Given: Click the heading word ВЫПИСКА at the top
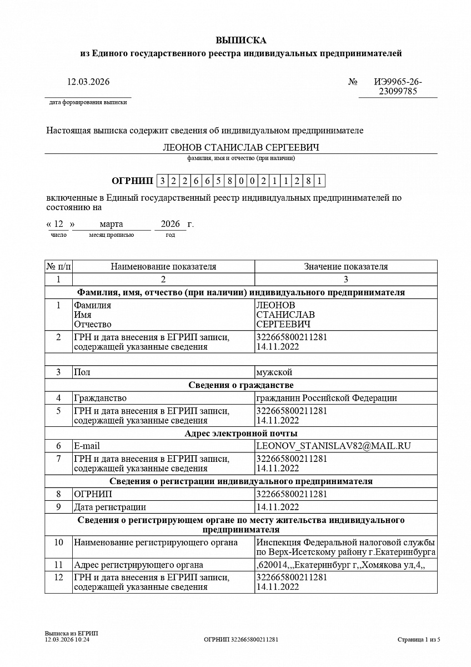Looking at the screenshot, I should pos(241,40).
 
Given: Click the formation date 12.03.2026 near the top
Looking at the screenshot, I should pos(88,82).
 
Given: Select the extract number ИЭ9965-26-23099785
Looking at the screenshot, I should pos(398,87).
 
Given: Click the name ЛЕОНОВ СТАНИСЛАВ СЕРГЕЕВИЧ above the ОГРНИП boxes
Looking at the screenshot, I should pos(241,147).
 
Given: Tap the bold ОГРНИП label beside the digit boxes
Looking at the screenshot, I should pos(132,181).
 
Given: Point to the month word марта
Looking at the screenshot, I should pos(111,224).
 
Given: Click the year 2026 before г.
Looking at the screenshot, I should pos(170,224).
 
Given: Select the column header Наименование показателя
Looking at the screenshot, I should pos(163,266).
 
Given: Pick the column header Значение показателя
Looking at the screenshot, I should pos(345,266).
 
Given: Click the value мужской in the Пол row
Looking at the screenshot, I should pos(274,372).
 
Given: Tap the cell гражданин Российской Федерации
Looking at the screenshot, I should pos(327,398).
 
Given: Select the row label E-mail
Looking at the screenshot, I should pos(87,446).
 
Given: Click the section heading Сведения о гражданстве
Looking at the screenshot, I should pos(241,385).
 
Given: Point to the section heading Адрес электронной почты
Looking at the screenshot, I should pos(241,433).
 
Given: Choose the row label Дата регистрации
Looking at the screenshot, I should pos(110,507).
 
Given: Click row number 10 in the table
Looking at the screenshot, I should pos(58,542).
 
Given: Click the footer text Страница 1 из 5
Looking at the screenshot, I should pos(419,639).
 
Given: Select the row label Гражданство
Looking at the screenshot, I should pos(100,398).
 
